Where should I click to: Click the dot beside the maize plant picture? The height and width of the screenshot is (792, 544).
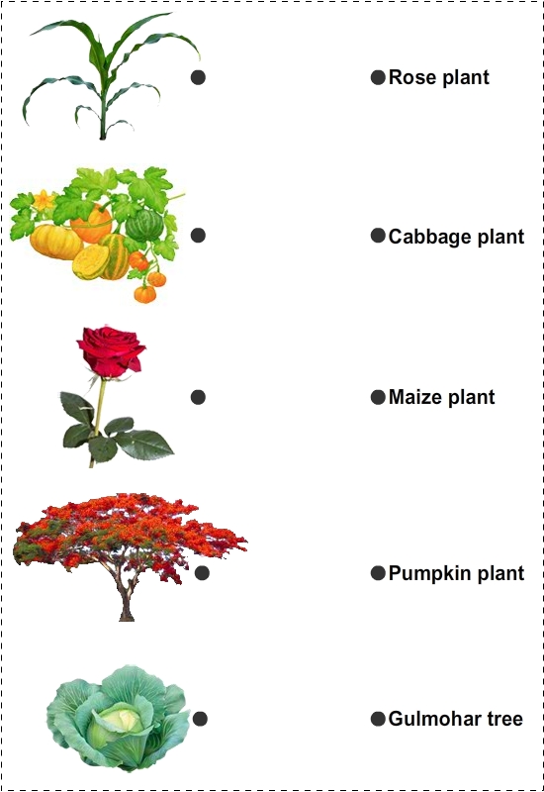click(198, 77)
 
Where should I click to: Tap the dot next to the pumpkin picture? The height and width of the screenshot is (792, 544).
click(198, 235)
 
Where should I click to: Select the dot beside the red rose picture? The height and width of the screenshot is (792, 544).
click(198, 397)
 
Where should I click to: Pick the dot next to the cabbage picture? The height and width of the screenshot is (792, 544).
click(200, 719)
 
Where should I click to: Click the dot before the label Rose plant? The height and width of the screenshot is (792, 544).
click(378, 77)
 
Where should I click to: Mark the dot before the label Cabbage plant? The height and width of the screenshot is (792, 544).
click(378, 236)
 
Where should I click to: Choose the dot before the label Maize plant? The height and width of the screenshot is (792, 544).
click(378, 397)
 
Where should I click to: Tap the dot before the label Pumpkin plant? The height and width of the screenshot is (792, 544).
click(378, 573)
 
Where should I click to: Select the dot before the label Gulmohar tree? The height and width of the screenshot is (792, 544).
click(378, 719)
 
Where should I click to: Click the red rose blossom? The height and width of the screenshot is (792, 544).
click(112, 350)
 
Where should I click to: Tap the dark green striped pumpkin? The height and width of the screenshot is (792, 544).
click(144, 226)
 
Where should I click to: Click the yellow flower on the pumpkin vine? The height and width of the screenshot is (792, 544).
click(44, 201)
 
